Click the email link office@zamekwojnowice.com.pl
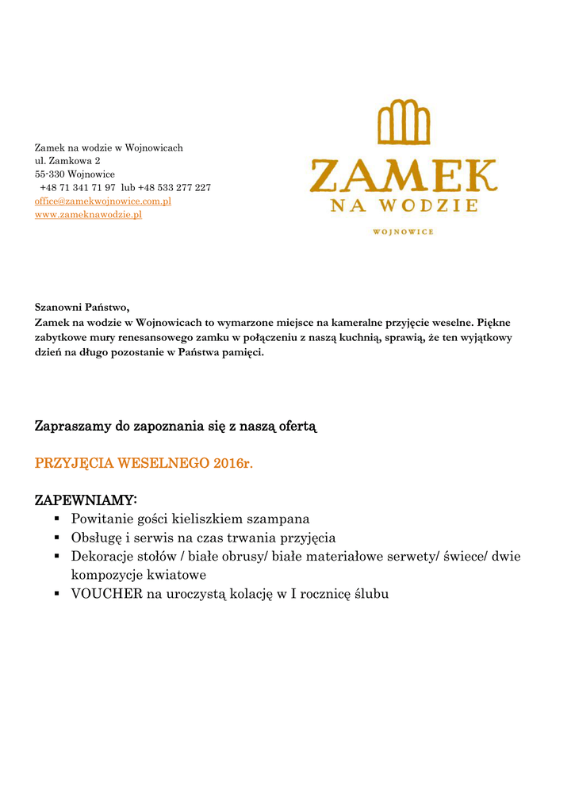click(x=103, y=201)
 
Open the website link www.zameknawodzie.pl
click(x=88, y=215)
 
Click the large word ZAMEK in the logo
click(x=403, y=175)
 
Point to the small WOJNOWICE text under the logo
click(x=403, y=232)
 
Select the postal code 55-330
click(x=49, y=174)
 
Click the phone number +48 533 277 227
click(x=174, y=188)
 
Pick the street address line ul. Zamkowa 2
click(x=67, y=161)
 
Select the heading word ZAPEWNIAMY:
click(x=86, y=500)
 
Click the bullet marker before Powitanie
click(x=58, y=519)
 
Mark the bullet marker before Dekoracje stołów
click(x=58, y=557)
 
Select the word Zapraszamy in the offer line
click(x=74, y=427)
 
